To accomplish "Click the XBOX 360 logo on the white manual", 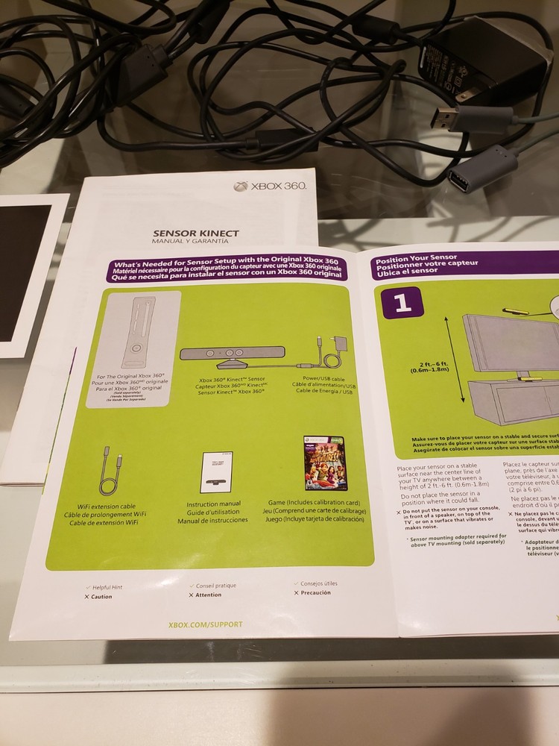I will pos(270,186).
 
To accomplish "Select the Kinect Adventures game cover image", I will pos(326,463).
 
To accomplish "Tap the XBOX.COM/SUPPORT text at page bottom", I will pos(205,624).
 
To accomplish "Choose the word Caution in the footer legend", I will pos(101,597).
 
